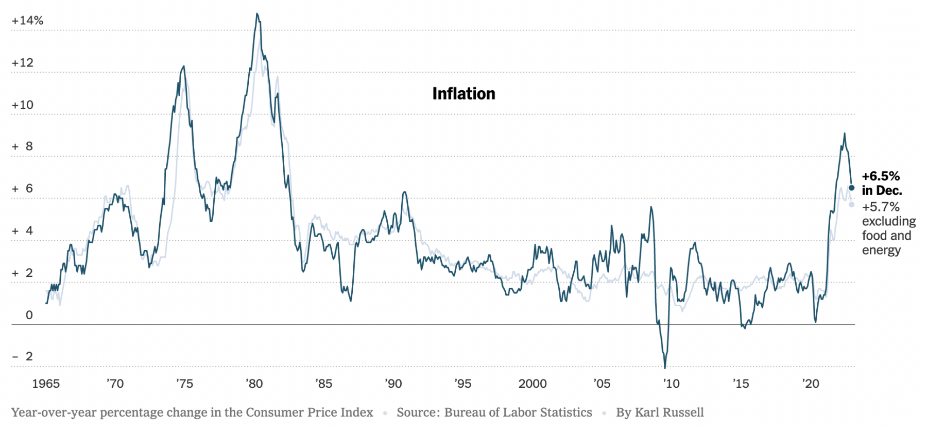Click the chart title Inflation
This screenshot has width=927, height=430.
point(463,94)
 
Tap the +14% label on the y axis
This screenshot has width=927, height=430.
point(27,21)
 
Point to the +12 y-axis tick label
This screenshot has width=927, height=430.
point(23,63)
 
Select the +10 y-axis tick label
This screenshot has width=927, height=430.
point(23,105)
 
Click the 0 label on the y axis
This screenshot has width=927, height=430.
point(29,315)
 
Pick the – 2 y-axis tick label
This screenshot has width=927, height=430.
point(23,356)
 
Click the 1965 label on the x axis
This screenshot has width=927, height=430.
point(46,384)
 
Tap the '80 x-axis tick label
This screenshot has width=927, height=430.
point(254,384)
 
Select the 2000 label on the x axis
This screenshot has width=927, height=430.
point(533,384)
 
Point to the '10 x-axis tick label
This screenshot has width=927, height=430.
point(671,384)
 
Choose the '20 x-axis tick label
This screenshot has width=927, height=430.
point(810,384)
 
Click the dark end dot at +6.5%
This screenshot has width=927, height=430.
point(851,188)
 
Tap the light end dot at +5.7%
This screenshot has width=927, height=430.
point(851,205)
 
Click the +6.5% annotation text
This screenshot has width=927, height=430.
point(881,176)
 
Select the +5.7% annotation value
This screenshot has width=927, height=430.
point(881,207)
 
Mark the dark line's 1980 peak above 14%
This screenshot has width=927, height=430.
point(257,14)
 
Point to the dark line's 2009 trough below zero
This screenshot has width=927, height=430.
point(665,368)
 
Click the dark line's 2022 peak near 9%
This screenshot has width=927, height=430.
point(844,134)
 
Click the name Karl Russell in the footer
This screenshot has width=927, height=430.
point(669,412)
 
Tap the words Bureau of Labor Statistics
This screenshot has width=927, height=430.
point(518,412)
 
